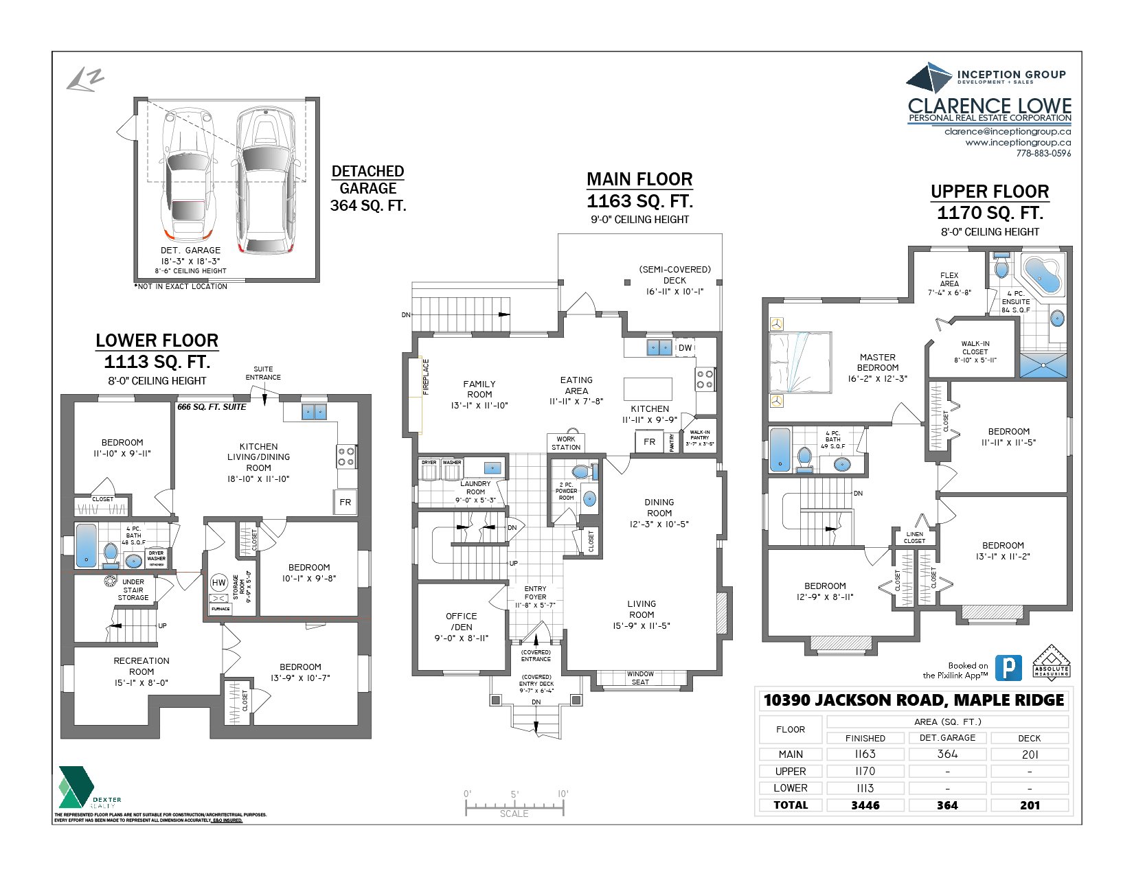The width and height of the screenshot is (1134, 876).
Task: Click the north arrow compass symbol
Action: (x=84, y=80)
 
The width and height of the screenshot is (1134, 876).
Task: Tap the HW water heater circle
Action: (x=218, y=583)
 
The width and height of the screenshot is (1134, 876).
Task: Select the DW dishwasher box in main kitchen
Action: (x=685, y=348)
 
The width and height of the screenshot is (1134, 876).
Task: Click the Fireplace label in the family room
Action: (x=425, y=377)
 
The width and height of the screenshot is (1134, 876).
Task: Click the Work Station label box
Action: (x=566, y=443)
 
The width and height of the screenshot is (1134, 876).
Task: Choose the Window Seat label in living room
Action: (x=640, y=678)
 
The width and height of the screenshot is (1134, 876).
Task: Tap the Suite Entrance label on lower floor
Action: (x=263, y=373)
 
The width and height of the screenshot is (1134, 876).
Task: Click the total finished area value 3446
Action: (x=865, y=805)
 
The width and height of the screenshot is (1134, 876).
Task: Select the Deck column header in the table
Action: (x=1029, y=738)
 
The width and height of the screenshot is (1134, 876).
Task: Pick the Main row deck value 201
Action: (x=1029, y=754)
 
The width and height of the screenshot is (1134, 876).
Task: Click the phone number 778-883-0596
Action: (x=1043, y=153)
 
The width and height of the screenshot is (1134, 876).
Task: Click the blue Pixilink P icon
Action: (x=1008, y=668)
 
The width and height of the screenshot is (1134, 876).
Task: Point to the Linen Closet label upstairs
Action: (x=914, y=538)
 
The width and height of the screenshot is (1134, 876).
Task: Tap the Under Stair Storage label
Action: (x=133, y=590)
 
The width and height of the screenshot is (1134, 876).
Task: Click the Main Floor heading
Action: (x=639, y=179)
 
